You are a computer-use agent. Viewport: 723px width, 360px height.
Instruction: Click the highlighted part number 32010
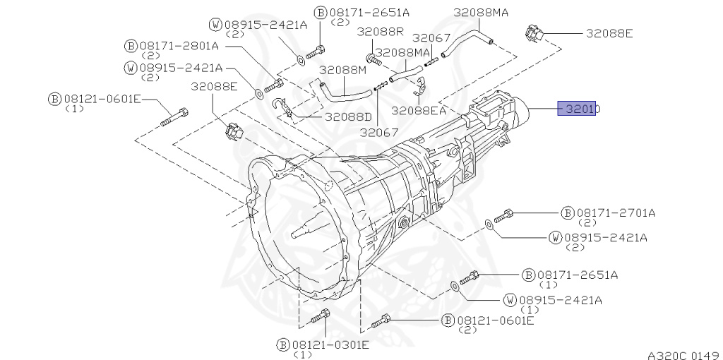tap(577, 109)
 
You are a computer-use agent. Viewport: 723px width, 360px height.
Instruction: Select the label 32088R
tap(380, 32)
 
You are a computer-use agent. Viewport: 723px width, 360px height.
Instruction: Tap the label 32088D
tap(348, 116)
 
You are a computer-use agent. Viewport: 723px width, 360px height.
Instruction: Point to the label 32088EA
tap(419, 111)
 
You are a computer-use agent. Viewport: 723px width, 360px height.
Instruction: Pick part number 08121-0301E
tap(330, 344)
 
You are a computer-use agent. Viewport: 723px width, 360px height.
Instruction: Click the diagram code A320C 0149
tap(683, 355)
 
